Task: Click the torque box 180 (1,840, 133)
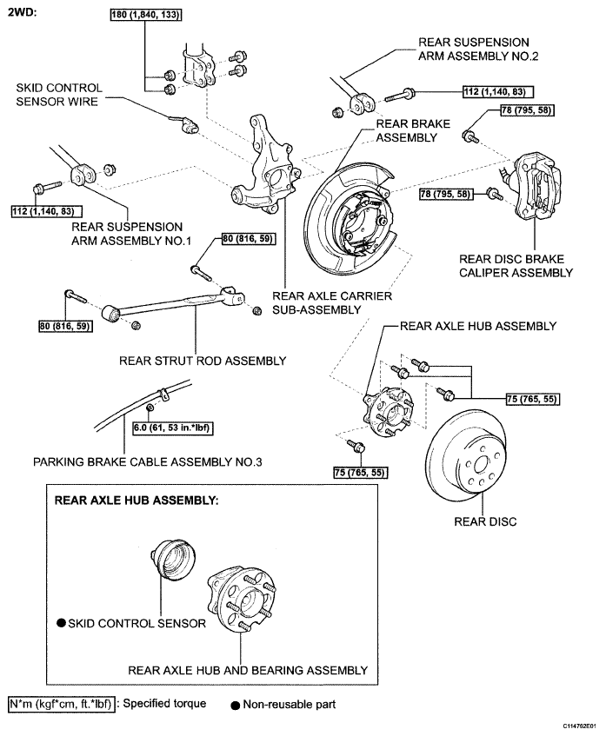pyautogui.click(x=145, y=15)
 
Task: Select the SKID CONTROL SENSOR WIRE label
pyautogui.click(x=59, y=95)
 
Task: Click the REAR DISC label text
pyautogui.click(x=485, y=521)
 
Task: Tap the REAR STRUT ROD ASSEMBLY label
pyautogui.click(x=203, y=361)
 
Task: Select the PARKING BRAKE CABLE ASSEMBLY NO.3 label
pyautogui.click(x=147, y=462)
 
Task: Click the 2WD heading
pyautogui.click(x=22, y=12)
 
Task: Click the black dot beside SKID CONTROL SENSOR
pyautogui.click(x=61, y=623)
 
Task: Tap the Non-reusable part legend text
pyautogui.click(x=290, y=704)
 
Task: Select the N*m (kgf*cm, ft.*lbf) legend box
pyautogui.click(x=62, y=704)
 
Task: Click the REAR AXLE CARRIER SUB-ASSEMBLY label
pyautogui.click(x=331, y=302)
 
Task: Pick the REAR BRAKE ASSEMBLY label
pyautogui.click(x=413, y=130)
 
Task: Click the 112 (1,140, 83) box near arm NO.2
pyautogui.click(x=497, y=91)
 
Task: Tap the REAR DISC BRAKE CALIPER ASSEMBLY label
pyautogui.click(x=516, y=266)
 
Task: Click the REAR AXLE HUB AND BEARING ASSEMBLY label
pyautogui.click(x=248, y=670)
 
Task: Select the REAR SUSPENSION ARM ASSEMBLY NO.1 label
pyautogui.click(x=131, y=234)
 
